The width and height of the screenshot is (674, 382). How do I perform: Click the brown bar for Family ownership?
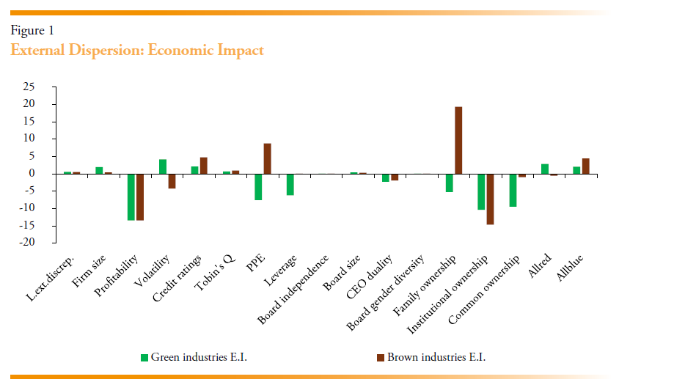pyautogui.click(x=458, y=140)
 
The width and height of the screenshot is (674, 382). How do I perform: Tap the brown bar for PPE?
pyautogui.click(x=267, y=158)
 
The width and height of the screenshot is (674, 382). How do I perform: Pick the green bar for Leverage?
pyautogui.click(x=290, y=184)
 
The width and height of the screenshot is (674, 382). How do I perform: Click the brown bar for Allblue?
pyautogui.click(x=585, y=166)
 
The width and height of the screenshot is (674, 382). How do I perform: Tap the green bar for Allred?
pyautogui.click(x=545, y=169)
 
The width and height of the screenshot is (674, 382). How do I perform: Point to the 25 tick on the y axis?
pyautogui.click(x=29, y=87)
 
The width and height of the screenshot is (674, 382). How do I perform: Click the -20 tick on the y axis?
pyautogui.click(x=27, y=243)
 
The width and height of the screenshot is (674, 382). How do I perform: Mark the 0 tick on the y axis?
pyautogui.click(x=32, y=174)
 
